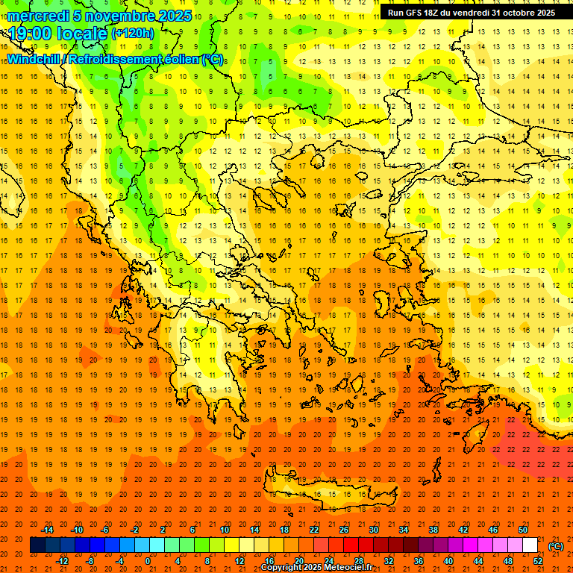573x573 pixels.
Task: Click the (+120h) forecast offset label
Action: (133, 34)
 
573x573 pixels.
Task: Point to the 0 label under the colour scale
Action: (148, 561)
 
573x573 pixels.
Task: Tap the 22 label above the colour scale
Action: (314, 530)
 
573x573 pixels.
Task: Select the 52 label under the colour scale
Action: (538, 561)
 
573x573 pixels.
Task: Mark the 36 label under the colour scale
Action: (419, 561)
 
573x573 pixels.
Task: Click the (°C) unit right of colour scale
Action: (556, 546)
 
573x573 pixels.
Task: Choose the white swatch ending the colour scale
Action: (530, 545)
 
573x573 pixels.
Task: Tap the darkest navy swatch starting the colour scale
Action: (37, 545)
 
